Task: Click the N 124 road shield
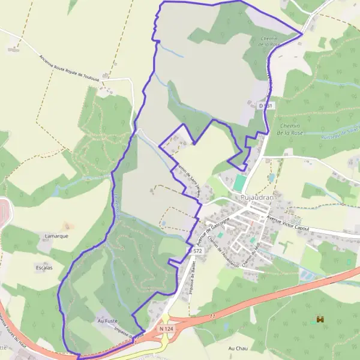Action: click(166, 329)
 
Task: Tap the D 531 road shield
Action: click(265, 106)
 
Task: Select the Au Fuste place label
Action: click(107, 321)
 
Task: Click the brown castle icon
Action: click(320, 320)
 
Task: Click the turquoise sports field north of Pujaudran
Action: click(240, 183)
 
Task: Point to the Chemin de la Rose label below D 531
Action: click(292, 130)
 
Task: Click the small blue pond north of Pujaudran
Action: click(271, 178)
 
